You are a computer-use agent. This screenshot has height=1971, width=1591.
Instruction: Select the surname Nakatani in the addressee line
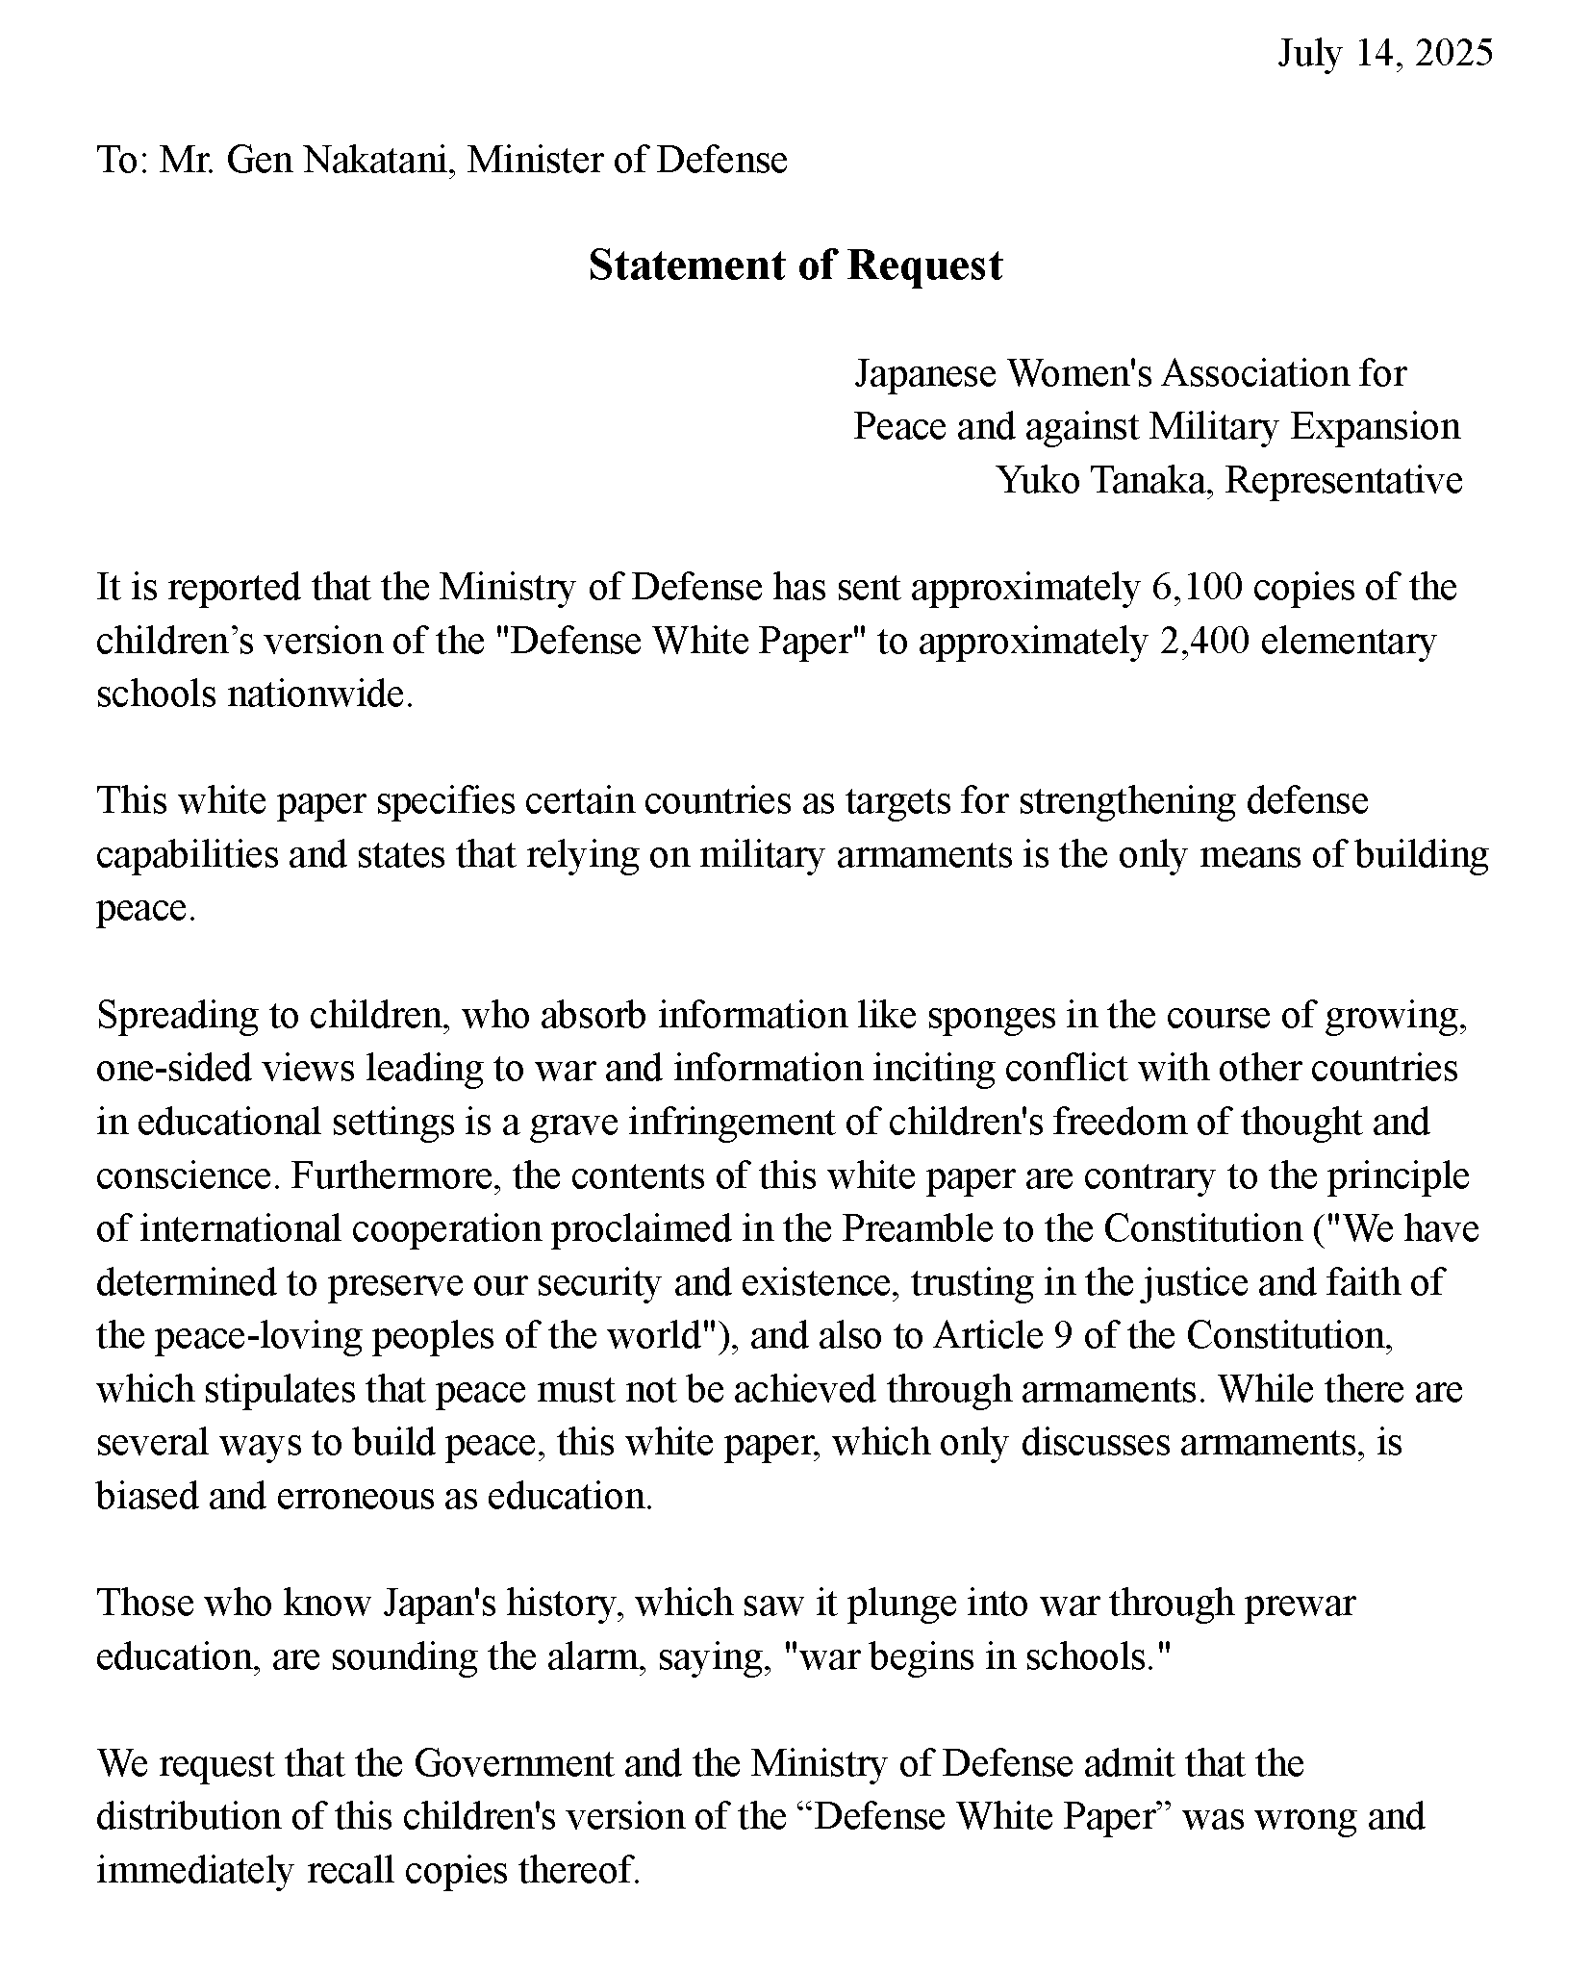coord(380,160)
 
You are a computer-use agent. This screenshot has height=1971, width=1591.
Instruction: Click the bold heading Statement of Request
coord(795,265)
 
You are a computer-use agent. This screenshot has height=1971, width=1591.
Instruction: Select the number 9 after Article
coord(1064,1336)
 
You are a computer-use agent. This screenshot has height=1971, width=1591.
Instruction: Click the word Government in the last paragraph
coord(514,1764)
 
